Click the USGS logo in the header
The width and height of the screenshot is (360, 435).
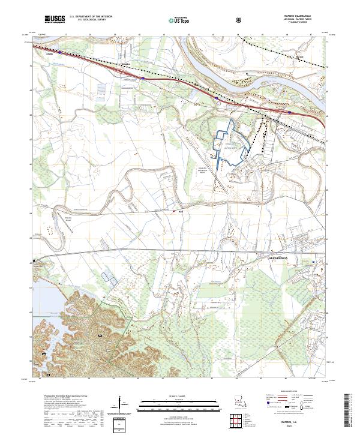click(54, 19)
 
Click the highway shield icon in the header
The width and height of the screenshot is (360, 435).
click(240, 19)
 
